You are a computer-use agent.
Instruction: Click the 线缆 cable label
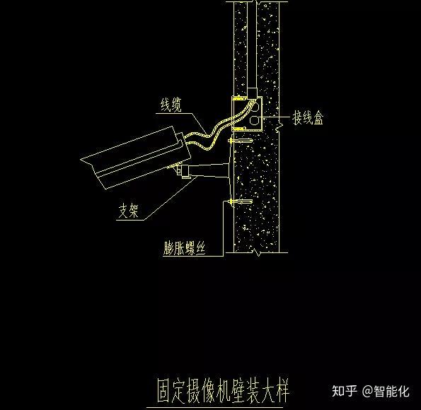(x=171, y=105)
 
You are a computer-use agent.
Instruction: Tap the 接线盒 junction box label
(x=308, y=117)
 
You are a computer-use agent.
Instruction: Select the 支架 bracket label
(x=129, y=211)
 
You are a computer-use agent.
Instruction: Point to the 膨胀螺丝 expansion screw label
(x=185, y=248)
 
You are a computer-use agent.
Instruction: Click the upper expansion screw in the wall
(x=240, y=141)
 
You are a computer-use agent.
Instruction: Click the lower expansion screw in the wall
(x=240, y=201)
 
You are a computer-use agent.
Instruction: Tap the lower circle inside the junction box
(x=254, y=119)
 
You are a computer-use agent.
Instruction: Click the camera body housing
(x=136, y=158)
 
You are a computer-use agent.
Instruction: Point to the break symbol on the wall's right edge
(x=279, y=127)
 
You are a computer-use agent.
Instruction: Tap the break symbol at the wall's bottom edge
(x=257, y=252)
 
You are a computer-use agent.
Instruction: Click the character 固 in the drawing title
(x=164, y=391)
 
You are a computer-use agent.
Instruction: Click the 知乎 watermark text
(x=345, y=391)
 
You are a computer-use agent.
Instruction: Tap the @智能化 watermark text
(x=386, y=391)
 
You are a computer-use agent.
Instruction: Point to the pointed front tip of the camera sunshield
(x=81, y=159)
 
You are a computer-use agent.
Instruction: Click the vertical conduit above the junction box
(x=252, y=48)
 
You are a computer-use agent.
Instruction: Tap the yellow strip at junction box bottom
(x=238, y=129)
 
